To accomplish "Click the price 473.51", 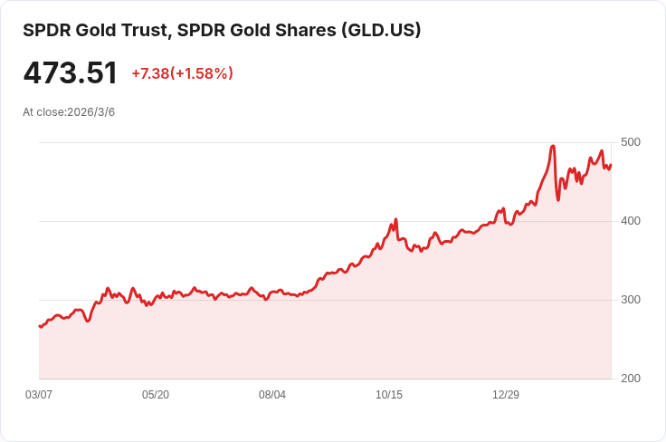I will tap(70, 73).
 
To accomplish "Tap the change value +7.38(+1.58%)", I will tap(182, 73).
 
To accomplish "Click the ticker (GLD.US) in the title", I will tap(381, 30).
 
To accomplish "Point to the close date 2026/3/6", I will tap(90, 112).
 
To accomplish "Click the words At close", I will tap(43, 112).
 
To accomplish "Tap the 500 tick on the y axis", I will tap(631, 142).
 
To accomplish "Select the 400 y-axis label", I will tap(631, 221).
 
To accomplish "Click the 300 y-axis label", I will tap(631, 300).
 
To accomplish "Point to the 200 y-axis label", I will tap(631, 379).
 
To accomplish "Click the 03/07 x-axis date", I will tap(39, 395).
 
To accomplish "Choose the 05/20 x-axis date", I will tap(156, 395).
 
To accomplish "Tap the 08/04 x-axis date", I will tap(272, 395).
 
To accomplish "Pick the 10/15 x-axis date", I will tap(389, 395).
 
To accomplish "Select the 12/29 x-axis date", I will tap(506, 395).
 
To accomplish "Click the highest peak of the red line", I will tap(553, 146).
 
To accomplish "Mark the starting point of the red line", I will tap(39, 326).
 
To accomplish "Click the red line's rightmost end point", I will tap(611, 165).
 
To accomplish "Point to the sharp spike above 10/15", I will tap(395, 220).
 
